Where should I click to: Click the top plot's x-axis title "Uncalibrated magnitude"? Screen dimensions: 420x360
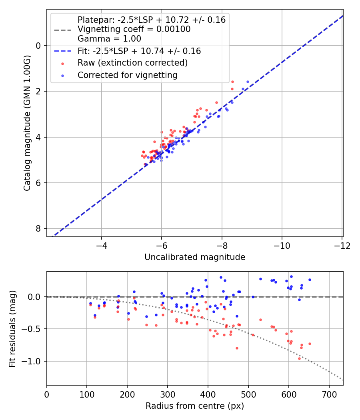point(195,257)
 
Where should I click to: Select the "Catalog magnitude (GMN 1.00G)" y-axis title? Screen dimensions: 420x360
point(27,122)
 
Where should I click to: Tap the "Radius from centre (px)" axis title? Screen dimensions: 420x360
point(195,406)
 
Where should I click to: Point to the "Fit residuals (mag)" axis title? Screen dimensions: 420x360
point(12,328)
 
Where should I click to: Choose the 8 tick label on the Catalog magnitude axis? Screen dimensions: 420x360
point(38,228)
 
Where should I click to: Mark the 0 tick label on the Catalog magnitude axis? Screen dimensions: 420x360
point(38,46)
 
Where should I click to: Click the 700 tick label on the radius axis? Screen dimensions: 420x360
point(329,394)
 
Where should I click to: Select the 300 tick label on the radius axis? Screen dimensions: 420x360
point(168,394)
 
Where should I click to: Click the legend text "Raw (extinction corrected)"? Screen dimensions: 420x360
point(132,63)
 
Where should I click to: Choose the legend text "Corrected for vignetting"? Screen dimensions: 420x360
point(127,75)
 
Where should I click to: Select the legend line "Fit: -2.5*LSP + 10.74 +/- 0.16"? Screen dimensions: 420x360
point(139,51)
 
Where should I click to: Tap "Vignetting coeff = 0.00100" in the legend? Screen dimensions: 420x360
point(134,29)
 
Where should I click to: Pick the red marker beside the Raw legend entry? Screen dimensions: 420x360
point(62,63)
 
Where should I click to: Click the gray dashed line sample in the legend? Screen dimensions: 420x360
point(62,29)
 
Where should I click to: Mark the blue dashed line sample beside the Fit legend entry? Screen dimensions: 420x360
point(62,51)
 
